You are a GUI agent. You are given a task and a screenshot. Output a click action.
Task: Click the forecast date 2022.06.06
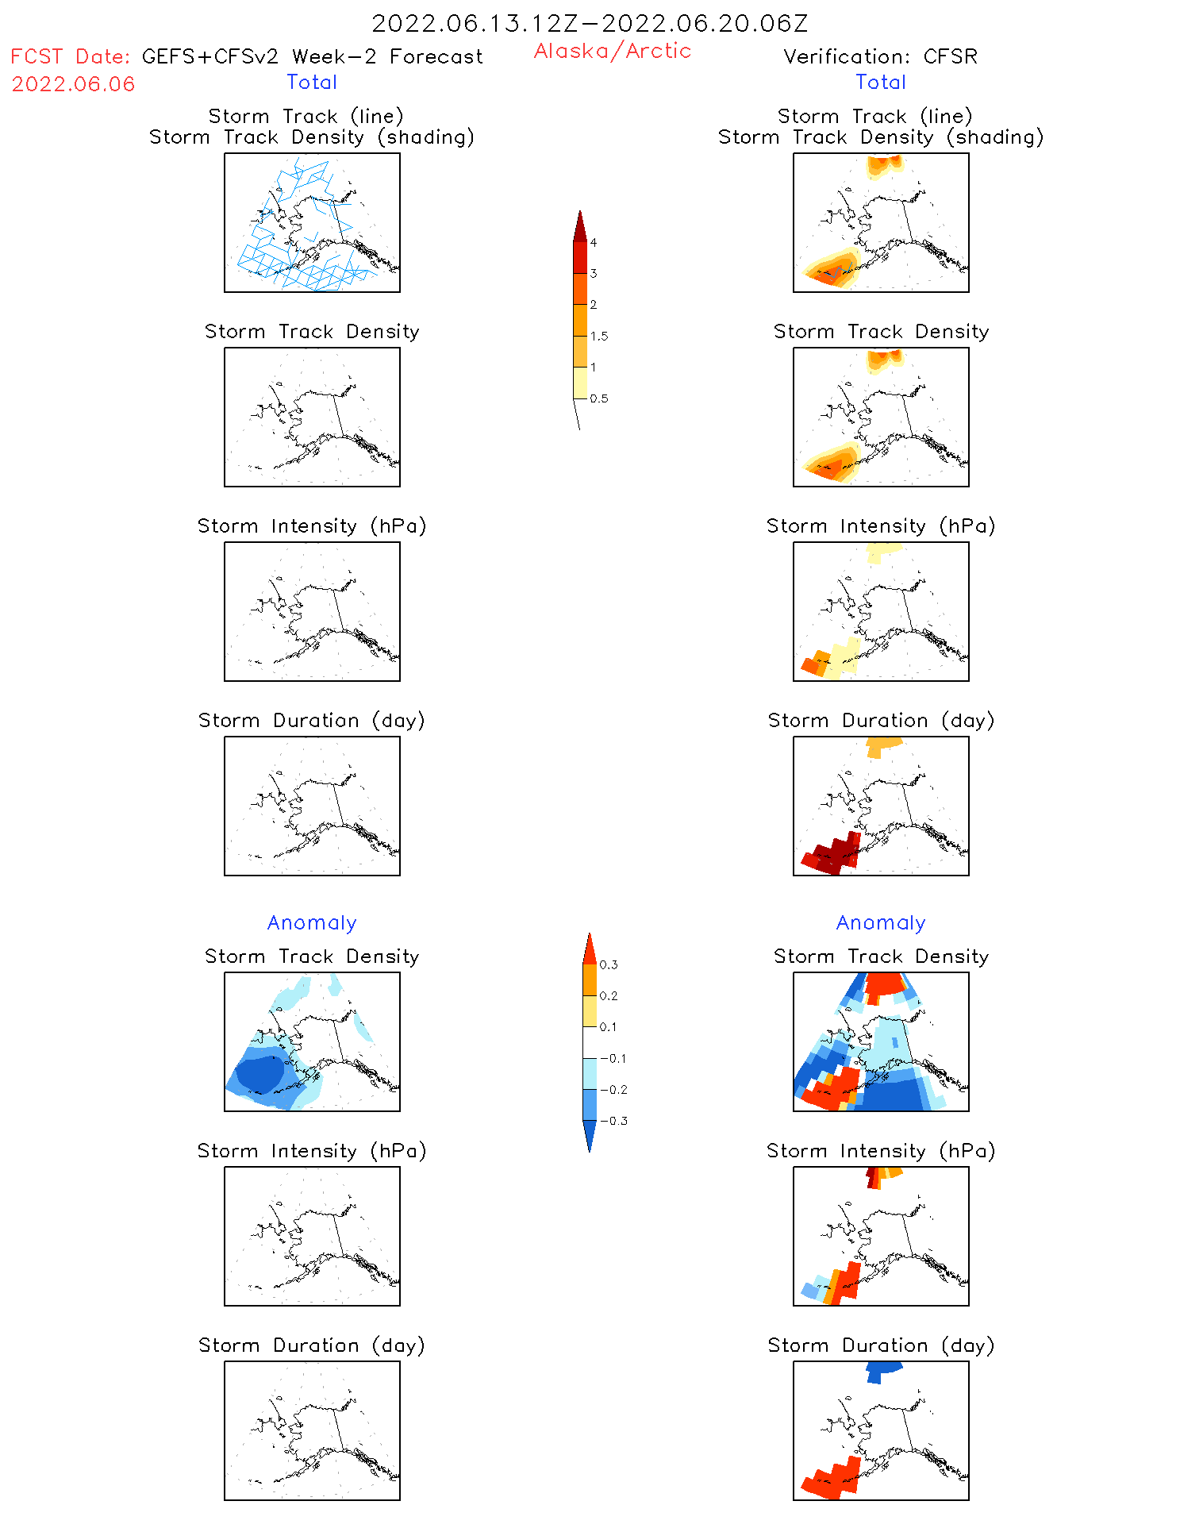coord(73,84)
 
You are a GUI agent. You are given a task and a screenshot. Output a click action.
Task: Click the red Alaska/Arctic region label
coord(612,51)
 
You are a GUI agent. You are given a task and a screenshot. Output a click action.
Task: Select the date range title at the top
coord(590,23)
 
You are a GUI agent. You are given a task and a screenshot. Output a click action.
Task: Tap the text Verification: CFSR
coord(880,56)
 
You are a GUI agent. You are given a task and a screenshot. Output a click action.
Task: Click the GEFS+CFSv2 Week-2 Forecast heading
coord(312,56)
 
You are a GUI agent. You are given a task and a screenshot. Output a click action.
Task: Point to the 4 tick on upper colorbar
coord(594,242)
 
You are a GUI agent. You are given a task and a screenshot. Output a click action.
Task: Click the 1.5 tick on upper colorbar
coord(598,336)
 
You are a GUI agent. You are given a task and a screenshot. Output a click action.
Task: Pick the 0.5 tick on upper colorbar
coord(598,398)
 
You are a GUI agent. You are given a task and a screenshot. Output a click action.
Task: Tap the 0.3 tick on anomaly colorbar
coord(608,964)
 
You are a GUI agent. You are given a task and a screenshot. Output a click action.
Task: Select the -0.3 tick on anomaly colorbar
coord(613,1121)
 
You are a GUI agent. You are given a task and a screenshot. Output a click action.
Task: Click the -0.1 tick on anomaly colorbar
coord(613,1058)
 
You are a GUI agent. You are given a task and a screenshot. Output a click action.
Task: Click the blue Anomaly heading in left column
coord(312,922)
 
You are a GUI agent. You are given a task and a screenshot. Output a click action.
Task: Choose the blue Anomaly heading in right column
coord(881,922)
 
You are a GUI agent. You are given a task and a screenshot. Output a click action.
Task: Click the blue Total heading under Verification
coord(881,82)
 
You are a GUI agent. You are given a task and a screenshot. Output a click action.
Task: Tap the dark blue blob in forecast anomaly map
coord(259,1074)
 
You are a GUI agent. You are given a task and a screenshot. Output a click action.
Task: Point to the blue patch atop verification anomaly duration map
coord(882,1370)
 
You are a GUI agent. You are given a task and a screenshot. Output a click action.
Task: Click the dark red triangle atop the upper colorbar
coord(580,227)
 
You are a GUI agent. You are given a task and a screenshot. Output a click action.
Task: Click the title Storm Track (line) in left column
coord(306,116)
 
